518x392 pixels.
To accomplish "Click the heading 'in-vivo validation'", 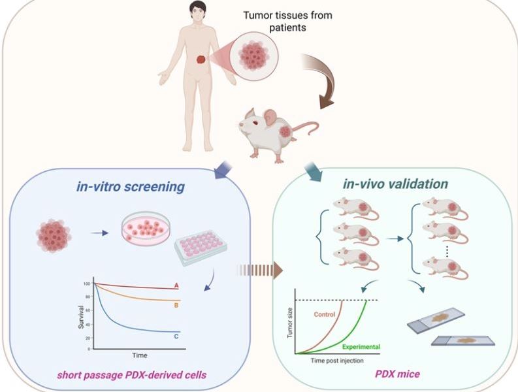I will (397, 184).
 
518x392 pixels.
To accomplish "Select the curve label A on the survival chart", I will (176, 286).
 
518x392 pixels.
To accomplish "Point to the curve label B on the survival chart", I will (176, 304).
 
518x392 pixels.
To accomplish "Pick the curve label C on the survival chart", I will (176, 336).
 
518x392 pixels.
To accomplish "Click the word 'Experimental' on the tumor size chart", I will (361, 346).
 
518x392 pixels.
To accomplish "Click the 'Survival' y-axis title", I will (82, 316).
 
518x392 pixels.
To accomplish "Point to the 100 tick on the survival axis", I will (86, 284).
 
